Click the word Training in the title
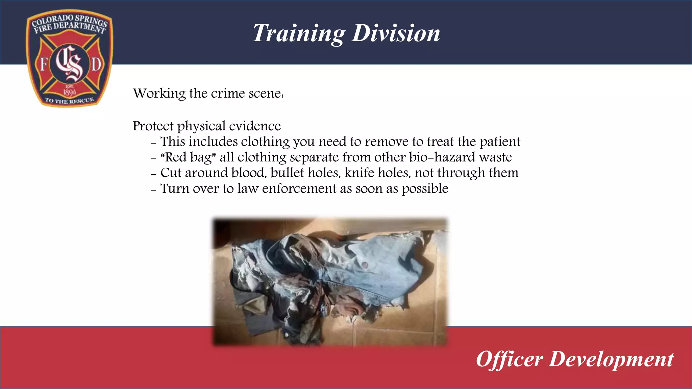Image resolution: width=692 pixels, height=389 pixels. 299,33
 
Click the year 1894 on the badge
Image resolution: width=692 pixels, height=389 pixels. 70,92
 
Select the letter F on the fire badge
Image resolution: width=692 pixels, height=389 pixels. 44,64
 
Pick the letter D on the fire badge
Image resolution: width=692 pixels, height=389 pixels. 96,64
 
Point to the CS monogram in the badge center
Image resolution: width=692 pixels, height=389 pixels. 70,63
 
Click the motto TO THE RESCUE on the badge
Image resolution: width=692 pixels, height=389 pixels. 70,100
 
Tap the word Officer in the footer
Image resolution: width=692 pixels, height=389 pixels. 510,359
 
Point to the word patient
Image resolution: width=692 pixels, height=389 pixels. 500,142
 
